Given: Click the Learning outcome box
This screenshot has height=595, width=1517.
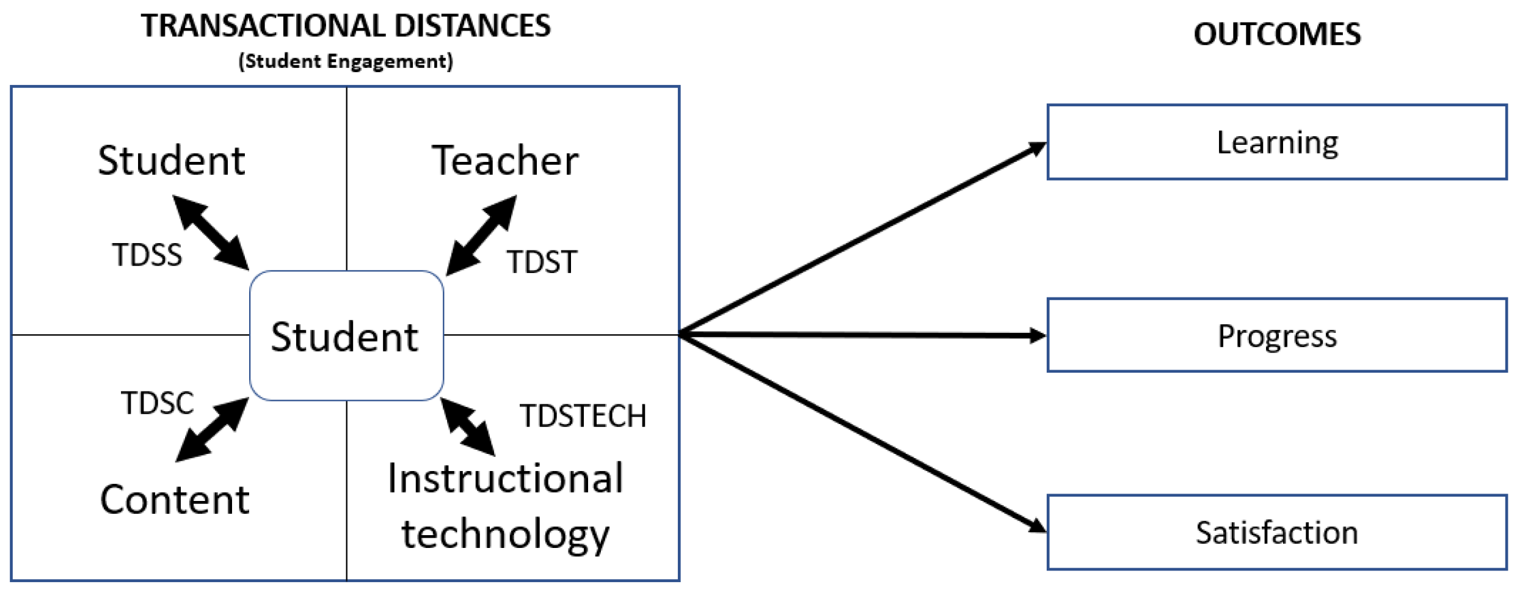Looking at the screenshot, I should pyautogui.click(x=1276, y=142).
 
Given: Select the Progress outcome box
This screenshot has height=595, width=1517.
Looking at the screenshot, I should pyautogui.click(x=1276, y=335).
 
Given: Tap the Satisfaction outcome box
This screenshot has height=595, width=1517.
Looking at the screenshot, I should pyautogui.click(x=1276, y=532).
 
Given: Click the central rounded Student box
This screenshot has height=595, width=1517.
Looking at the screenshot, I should pyautogui.click(x=346, y=336).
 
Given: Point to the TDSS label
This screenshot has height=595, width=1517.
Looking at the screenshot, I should pyautogui.click(x=147, y=255).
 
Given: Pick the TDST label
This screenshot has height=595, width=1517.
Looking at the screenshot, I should pyautogui.click(x=542, y=262).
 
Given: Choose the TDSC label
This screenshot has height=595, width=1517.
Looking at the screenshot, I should pyautogui.click(x=158, y=403).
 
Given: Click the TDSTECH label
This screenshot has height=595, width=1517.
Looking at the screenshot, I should pyautogui.click(x=583, y=416).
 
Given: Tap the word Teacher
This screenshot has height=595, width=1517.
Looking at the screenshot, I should pyautogui.click(x=505, y=161).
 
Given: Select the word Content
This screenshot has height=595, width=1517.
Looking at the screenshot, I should pyautogui.click(x=175, y=500).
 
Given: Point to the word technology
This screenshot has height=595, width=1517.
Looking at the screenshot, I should pyautogui.click(x=505, y=533).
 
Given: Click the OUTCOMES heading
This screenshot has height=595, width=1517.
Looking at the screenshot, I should pyautogui.click(x=1277, y=34).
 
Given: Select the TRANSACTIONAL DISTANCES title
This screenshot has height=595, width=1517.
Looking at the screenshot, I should pyautogui.click(x=346, y=26).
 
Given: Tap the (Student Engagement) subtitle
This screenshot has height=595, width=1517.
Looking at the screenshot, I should pyautogui.click(x=346, y=61).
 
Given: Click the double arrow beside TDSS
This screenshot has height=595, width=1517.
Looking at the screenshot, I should pyautogui.click(x=211, y=232).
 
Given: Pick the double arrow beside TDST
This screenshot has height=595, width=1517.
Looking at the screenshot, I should pyautogui.click(x=481, y=235).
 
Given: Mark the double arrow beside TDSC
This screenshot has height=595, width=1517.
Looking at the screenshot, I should pyautogui.click(x=212, y=429).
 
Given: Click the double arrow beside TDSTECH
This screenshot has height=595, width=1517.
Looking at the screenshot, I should pyautogui.click(x=468, y=427).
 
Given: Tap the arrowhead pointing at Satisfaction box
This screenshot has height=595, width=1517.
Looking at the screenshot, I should pyautogui.click(x=1038, y=526).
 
